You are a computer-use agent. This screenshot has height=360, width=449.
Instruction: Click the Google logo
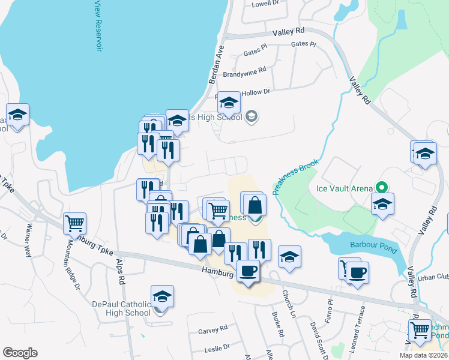[20, 353]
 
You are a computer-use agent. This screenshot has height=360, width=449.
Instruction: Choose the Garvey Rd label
[213, 329]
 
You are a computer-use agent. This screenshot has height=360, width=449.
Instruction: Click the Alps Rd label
[120, 272]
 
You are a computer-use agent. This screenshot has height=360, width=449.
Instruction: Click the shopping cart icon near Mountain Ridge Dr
[75, 224]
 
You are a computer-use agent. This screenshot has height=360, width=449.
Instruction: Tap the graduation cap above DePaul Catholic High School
[162, 296]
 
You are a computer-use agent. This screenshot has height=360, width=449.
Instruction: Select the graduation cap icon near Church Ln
[289, 257]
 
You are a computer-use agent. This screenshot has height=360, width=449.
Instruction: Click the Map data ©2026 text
[424, 355]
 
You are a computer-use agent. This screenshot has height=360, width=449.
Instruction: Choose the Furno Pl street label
[328, 312]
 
